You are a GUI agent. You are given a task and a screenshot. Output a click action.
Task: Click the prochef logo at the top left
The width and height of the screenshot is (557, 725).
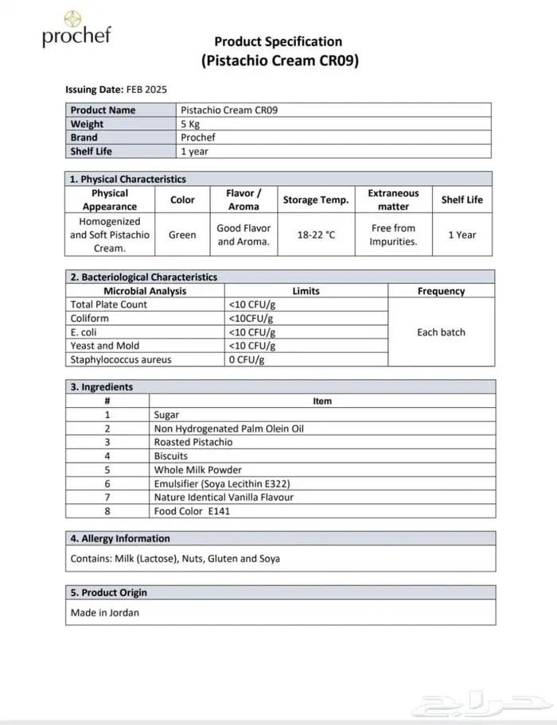coord(76,29)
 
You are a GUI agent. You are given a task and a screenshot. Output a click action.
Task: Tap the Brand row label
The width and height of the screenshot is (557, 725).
coord(84,138)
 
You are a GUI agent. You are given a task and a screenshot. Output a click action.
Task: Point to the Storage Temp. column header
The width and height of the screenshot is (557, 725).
coord(316,200)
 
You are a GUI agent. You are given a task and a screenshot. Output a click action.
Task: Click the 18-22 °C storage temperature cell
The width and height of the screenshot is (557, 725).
coord(316,235)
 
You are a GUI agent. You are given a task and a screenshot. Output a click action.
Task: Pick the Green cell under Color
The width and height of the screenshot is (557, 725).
coord(182,235)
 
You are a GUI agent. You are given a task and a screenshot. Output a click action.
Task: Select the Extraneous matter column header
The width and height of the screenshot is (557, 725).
coord(393,200)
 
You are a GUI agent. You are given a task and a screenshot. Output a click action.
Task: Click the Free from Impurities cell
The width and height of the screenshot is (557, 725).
coord(393,235)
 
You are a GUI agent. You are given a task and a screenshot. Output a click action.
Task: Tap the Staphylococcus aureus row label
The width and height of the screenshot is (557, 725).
coord(121,359)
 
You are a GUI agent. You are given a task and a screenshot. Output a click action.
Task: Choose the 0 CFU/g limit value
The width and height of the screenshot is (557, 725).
coord(247,359)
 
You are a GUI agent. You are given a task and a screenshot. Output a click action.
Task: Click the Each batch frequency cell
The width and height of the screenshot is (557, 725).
coord(441,332)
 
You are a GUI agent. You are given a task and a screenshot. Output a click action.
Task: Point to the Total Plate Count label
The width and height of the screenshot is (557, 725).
coord(109,304)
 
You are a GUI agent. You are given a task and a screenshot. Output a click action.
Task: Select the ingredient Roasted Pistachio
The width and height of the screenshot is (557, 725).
coord(193,442)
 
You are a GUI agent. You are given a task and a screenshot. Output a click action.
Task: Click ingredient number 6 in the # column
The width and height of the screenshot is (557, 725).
coord(107,483)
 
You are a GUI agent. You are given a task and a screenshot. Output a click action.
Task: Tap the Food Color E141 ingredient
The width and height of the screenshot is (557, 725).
coord(192,511)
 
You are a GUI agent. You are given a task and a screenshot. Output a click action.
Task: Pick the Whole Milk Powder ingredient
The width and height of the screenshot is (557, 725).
coord(198,470)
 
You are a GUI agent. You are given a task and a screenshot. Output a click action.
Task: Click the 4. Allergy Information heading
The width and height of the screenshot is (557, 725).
coord(120,538)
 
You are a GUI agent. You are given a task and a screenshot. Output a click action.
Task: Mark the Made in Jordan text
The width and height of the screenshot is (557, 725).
coord(105,613)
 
